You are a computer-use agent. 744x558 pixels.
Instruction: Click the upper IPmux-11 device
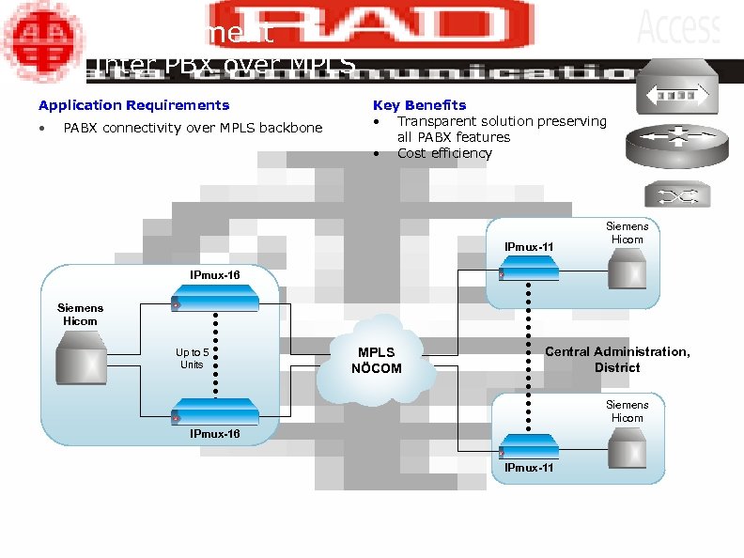(x=529, y=269)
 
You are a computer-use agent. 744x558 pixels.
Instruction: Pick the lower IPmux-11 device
(x=529, y=444)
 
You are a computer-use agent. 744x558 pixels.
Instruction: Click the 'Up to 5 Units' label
(x=193, y=358)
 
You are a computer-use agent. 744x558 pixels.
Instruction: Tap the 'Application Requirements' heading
(x=133, y=105)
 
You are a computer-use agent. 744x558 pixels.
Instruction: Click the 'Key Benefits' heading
(x=419, y=105)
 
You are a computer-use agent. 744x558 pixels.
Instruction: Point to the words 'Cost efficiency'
(x=444, y=153)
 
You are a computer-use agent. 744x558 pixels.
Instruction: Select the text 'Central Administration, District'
(x=617, y=359)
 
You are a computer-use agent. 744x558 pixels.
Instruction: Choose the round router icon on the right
(x=671, y=146)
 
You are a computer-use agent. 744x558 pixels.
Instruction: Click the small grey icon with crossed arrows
(x=670, y=194)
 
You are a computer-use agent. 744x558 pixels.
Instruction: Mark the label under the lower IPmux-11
(x=529, y=467)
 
